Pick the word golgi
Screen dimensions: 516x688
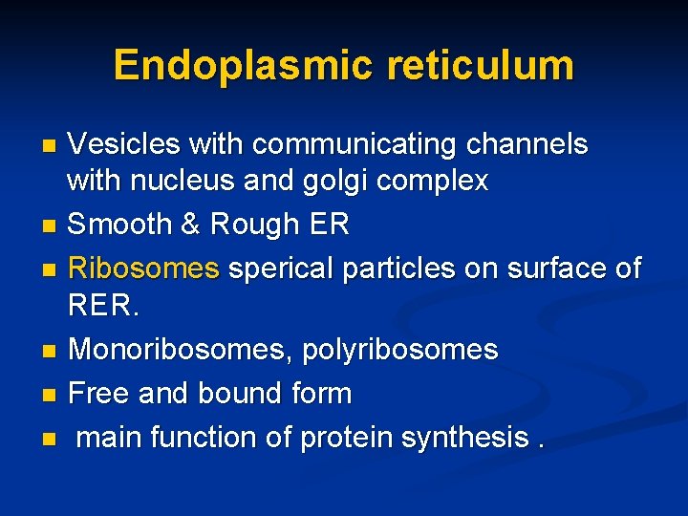click(x=331, y=180)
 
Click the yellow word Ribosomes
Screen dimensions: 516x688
click(x=143, y=268)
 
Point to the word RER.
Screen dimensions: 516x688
click(x=101, y=306)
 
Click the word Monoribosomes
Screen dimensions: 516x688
click(x=179, y=350)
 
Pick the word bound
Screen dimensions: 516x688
click(x=246, y=393)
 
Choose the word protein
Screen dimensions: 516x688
click(x=346, y=437)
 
